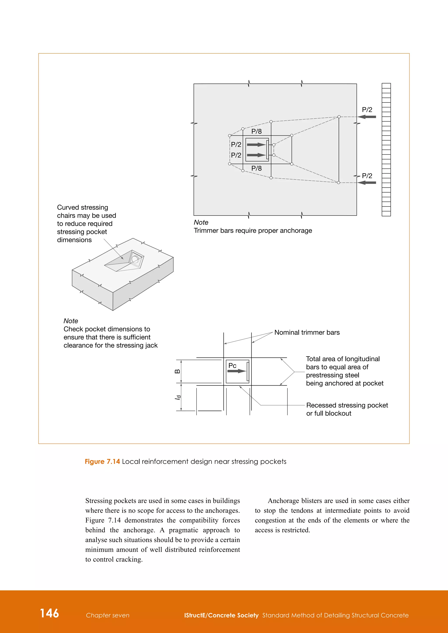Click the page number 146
point(49,613)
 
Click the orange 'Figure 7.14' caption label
point(102,461)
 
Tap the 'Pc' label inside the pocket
point(232,366)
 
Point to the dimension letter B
point(177,371)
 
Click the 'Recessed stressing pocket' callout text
point(347,405)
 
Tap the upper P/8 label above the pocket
point(256,132)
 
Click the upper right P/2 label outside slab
point(367,110)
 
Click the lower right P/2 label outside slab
point(367,176)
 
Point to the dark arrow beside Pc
point(237,371)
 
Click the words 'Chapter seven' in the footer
point(108,615)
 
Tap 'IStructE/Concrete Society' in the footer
point(221,615)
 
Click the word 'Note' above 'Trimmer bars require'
point(201,223)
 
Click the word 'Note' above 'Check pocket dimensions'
point(71,321)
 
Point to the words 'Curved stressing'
point(82,207)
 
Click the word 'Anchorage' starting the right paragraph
point(283,501)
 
